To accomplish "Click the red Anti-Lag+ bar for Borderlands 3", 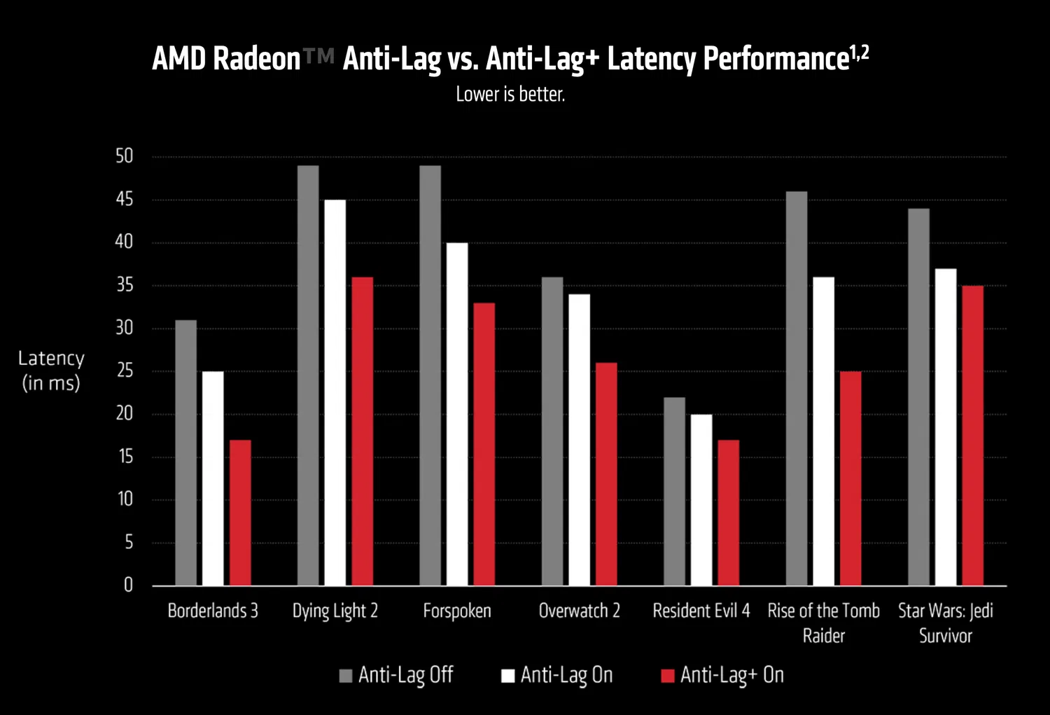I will pos(240,513).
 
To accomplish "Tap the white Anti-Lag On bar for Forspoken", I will pos(457,414).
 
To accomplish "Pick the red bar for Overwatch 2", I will pos(606,474).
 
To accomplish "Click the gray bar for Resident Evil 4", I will pos(674,491).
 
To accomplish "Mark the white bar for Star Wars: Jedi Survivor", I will pos(946,427).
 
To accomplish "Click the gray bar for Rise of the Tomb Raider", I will pos(796,389).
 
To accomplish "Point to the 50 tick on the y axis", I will pos(124,156).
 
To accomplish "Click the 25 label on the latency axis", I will pos(125,370).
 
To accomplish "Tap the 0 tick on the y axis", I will pos(128,585).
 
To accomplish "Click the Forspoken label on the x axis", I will pos(457,611).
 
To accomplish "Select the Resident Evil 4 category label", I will pos(701,611).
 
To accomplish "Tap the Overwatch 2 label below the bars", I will pos(579,611).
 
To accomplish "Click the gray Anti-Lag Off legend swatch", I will pos(345,676).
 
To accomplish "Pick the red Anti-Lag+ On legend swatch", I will pos(668,676).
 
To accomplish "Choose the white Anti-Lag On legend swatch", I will pos(507,676).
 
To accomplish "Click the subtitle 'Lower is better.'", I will pos(510,94).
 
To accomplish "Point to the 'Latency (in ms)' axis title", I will pos(51,370).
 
